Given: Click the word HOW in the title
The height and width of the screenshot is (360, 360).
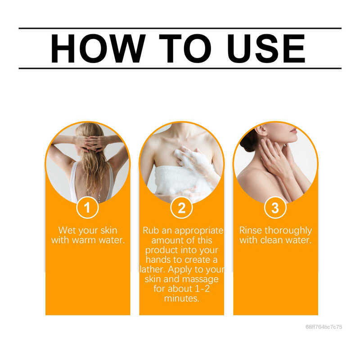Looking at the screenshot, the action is pos(98,49).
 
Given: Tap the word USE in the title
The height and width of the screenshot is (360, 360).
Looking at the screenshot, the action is pos(266,49).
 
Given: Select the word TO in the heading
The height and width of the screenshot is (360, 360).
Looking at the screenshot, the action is pos(185,49).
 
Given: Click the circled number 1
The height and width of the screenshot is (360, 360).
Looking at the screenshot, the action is pos(87,207).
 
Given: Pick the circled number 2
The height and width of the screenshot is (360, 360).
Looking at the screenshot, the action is pos(181,208).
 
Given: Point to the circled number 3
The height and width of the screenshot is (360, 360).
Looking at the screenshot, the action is pos(275,207).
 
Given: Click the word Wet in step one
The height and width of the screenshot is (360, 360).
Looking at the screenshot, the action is pos(67,230).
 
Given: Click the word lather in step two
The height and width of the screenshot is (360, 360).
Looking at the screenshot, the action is pos(152,269).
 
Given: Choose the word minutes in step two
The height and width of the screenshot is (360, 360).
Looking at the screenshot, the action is pos(181,298).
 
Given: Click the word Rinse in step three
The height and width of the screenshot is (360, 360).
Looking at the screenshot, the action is pos(251,230).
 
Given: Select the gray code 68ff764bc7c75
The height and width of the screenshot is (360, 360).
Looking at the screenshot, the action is pos(324,327).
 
